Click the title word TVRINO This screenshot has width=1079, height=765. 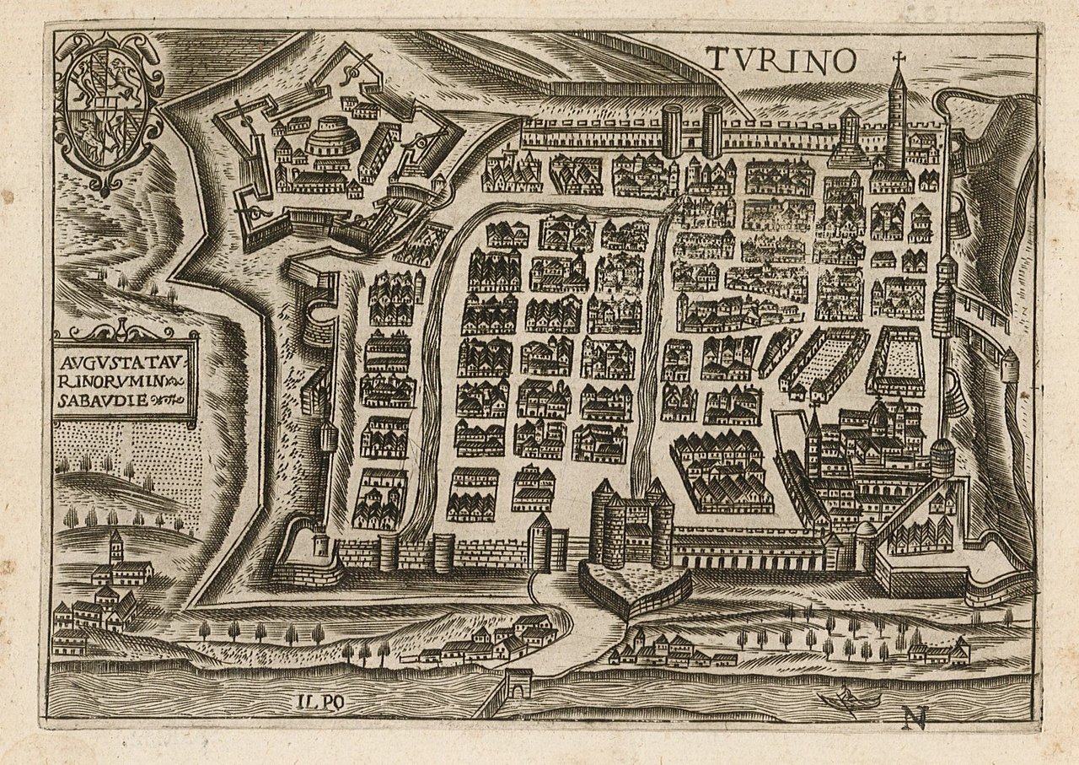(781, 59)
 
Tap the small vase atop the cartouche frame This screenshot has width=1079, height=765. (123, 328)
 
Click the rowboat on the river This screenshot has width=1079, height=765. (848, 699)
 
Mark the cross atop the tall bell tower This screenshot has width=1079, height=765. (899, 59)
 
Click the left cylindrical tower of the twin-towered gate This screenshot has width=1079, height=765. (671, 131)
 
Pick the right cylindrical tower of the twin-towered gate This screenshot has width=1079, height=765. (712, 131)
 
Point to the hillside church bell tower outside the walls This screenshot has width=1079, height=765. (115, 547)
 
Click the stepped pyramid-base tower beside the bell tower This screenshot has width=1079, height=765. (850, 139)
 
